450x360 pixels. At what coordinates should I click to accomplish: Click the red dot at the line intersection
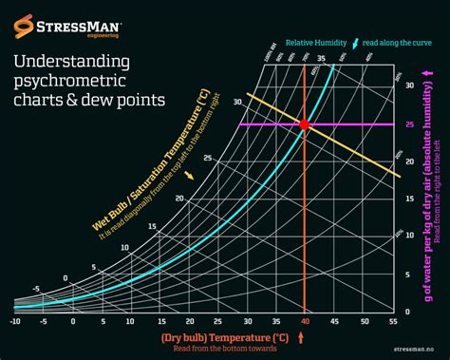[304, 124]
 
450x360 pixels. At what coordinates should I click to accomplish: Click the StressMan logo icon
[21, 21]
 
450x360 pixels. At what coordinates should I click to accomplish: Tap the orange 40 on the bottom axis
[304, 322]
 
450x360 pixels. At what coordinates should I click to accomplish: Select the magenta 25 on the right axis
[408, 124]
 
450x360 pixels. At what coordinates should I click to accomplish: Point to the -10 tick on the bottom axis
[14, 322]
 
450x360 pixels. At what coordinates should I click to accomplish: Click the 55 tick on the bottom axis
[392, 322]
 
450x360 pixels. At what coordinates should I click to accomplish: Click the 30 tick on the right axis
[408, 85]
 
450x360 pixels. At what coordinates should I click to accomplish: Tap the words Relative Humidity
[316, 44]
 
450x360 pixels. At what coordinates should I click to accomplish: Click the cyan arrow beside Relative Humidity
[354, 44]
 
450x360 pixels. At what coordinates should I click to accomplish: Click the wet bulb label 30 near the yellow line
[238, 99]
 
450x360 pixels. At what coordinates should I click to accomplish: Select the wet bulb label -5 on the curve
[35, 290]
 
